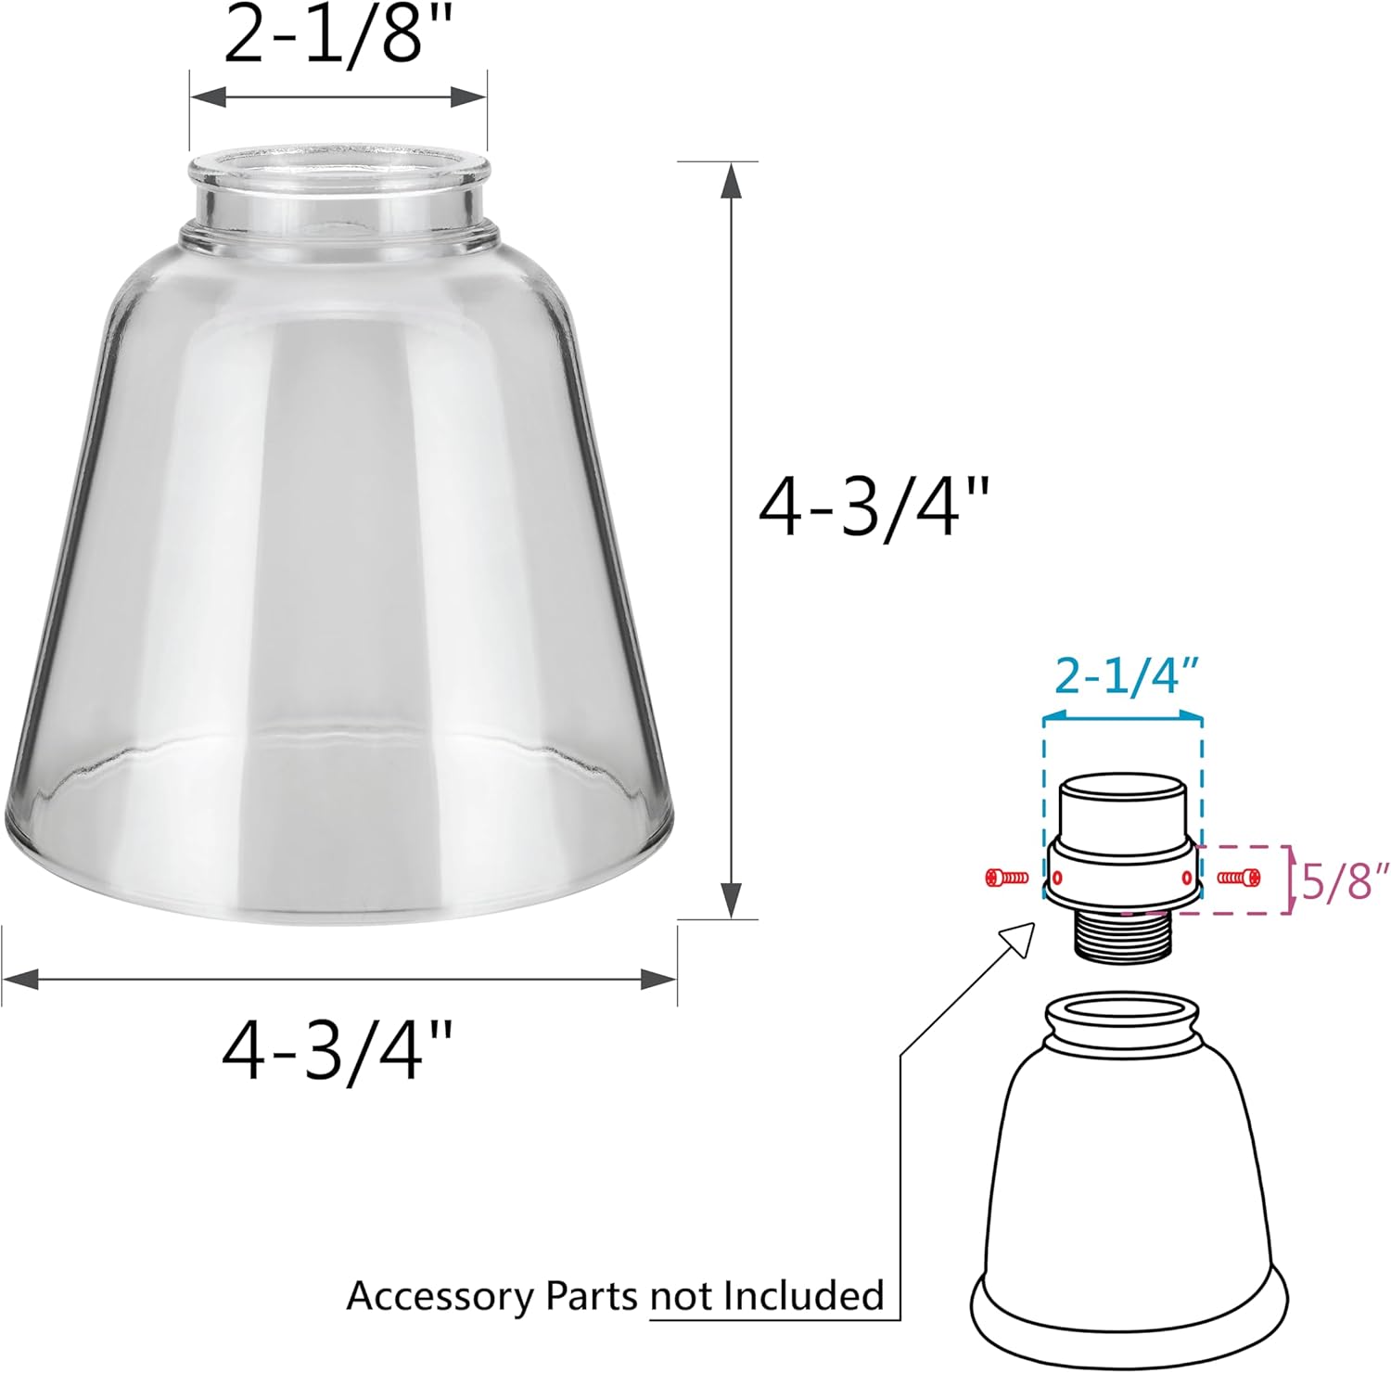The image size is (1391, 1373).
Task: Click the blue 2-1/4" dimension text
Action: (x=1122, y=679)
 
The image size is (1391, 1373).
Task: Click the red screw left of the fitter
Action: (x=1006, y=877)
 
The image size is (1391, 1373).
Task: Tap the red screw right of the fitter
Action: (x=1239, y=876)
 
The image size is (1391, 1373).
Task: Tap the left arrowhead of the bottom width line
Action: (x=20, y=978)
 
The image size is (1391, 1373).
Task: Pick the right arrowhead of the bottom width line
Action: (x=658, y=978)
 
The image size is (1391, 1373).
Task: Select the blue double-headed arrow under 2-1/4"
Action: (x=1122, y=716)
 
